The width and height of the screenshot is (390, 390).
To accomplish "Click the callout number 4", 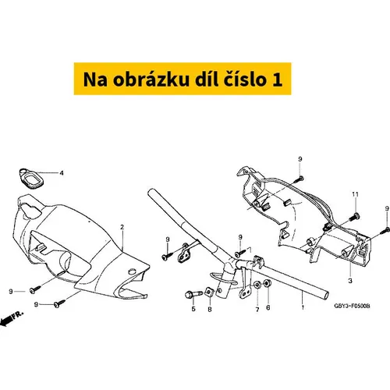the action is (62, 173).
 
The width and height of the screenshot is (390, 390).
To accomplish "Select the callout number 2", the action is (122, 227).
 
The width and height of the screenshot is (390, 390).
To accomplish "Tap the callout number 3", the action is (350, 281).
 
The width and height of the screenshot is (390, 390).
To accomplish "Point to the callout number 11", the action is (355, 194).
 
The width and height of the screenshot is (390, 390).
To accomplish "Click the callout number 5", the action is (193, 309).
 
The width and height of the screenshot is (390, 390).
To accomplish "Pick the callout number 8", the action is (210, 309).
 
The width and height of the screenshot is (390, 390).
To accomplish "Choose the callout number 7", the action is (257, 310).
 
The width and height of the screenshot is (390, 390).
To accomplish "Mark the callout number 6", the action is (268, 307).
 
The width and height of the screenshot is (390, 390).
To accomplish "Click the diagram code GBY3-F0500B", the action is (352, 306).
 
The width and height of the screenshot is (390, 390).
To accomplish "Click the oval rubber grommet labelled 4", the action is (31, 179).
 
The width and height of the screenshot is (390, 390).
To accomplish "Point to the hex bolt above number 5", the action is (193, 294).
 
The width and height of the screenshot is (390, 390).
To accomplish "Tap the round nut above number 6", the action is (268, 283).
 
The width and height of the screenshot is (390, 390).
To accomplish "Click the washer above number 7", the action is (257, 285).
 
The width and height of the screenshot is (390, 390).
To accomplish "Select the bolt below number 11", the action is (353, 217).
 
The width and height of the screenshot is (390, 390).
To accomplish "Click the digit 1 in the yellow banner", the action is (277, 80).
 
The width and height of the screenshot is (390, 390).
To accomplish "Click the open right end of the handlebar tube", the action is (325, 296).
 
